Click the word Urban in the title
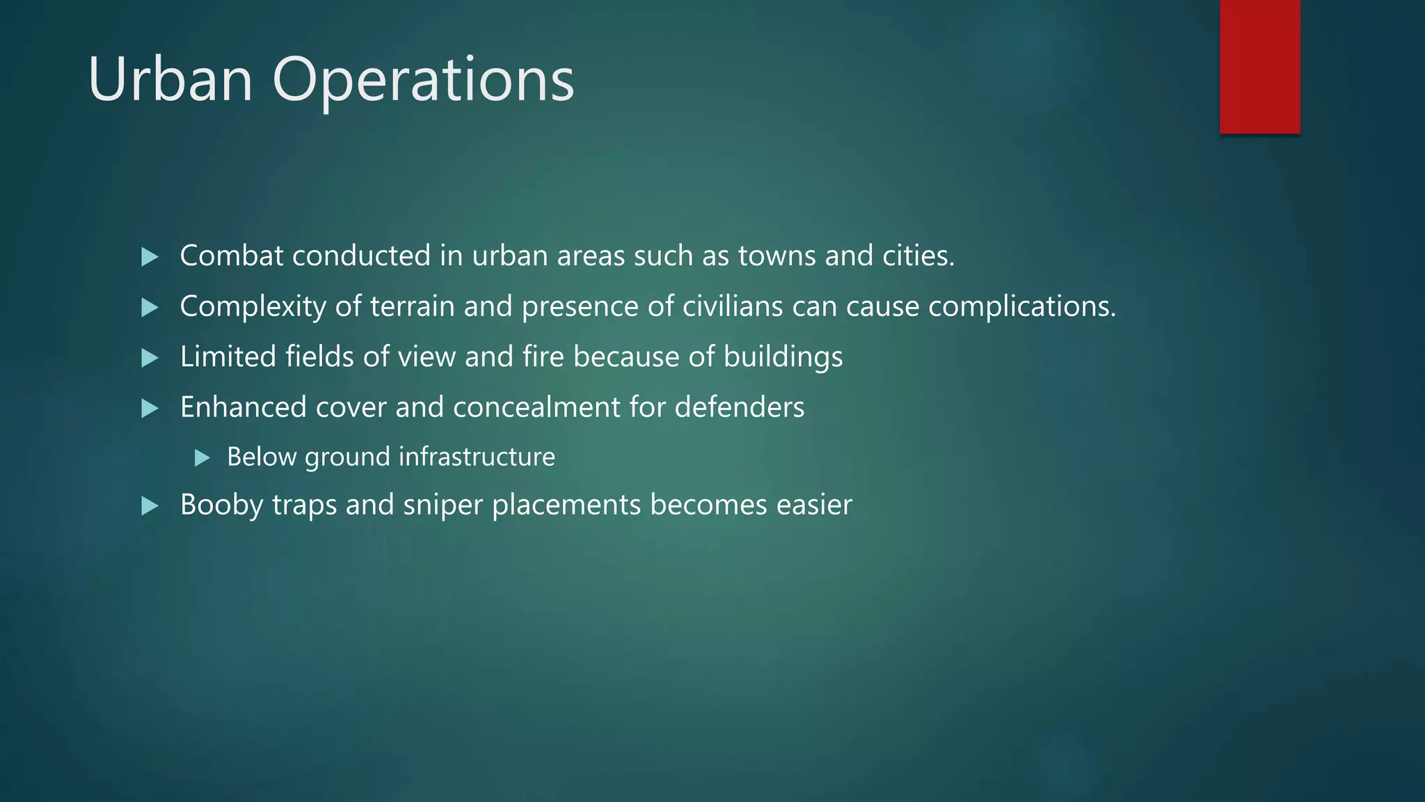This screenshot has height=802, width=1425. click(x=170, y=79)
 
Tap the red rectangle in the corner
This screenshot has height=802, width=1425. click(x=1259, y=66)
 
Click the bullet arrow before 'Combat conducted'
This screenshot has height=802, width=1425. click(x=150, y=257)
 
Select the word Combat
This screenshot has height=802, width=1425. click(x=231, y=256)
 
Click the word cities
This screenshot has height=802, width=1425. click(x=918, y=256)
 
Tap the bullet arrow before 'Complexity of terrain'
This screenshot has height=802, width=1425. click(x=150, y=307)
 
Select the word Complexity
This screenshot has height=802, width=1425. click(x=253, y=307)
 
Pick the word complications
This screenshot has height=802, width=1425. click(x=1021, y=307)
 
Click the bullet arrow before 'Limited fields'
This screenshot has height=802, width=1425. click(x=150, y=358)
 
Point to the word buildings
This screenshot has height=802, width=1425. click(x=783, y=357)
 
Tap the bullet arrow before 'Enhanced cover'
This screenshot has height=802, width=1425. click(x=150, y=408)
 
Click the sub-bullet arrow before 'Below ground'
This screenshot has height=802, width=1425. click(x=202, y=457)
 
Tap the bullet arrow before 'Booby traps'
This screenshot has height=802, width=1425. click(x=150, y=505)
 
